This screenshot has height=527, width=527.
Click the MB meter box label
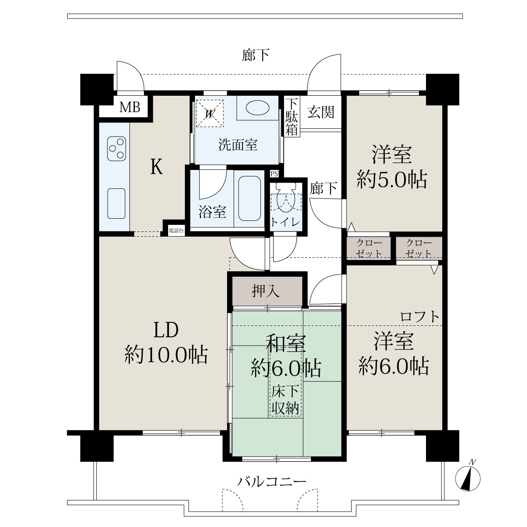(130, 107)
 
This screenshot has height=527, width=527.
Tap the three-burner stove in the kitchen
(117, 148)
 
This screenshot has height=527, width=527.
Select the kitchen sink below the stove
(116, 203)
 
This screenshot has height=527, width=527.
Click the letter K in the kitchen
(157, 167)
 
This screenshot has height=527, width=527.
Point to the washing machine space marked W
(210, 113)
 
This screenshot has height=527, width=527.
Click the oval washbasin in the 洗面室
(258, 108)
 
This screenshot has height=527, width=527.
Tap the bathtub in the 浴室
(249, 198)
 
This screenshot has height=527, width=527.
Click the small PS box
(274, 173)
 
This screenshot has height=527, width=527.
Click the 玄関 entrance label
(321, 112)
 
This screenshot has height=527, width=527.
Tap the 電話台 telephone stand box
(176, 231)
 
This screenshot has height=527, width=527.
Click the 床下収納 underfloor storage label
(285, 401)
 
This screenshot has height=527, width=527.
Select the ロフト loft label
(419, 317)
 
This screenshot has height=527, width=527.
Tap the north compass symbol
(468, 478)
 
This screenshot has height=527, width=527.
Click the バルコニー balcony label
(271, 481)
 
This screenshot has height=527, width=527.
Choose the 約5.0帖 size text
(392, 180)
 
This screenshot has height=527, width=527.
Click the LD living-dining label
(166, 330)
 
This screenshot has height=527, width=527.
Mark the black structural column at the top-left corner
(97, 90)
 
